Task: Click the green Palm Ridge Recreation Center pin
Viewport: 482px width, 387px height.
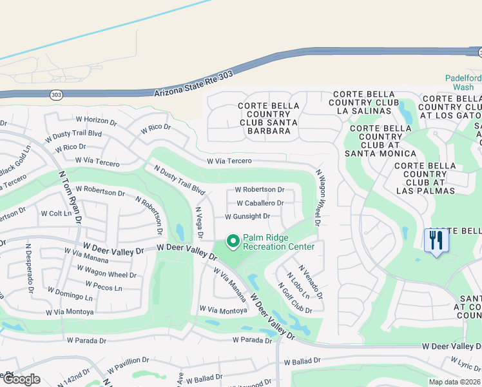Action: tap(233, 242)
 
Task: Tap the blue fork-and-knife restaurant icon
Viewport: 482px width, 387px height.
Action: tap(436, 241)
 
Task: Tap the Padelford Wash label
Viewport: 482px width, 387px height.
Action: tap(463, 83)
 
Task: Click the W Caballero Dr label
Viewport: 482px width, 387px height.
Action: tap(260, 203)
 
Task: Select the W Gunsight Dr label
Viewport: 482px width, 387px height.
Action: tap(247, 217)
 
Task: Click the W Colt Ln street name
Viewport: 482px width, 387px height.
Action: tap(56, 213)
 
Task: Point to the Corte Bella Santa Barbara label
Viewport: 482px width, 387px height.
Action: tap(265, 118)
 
